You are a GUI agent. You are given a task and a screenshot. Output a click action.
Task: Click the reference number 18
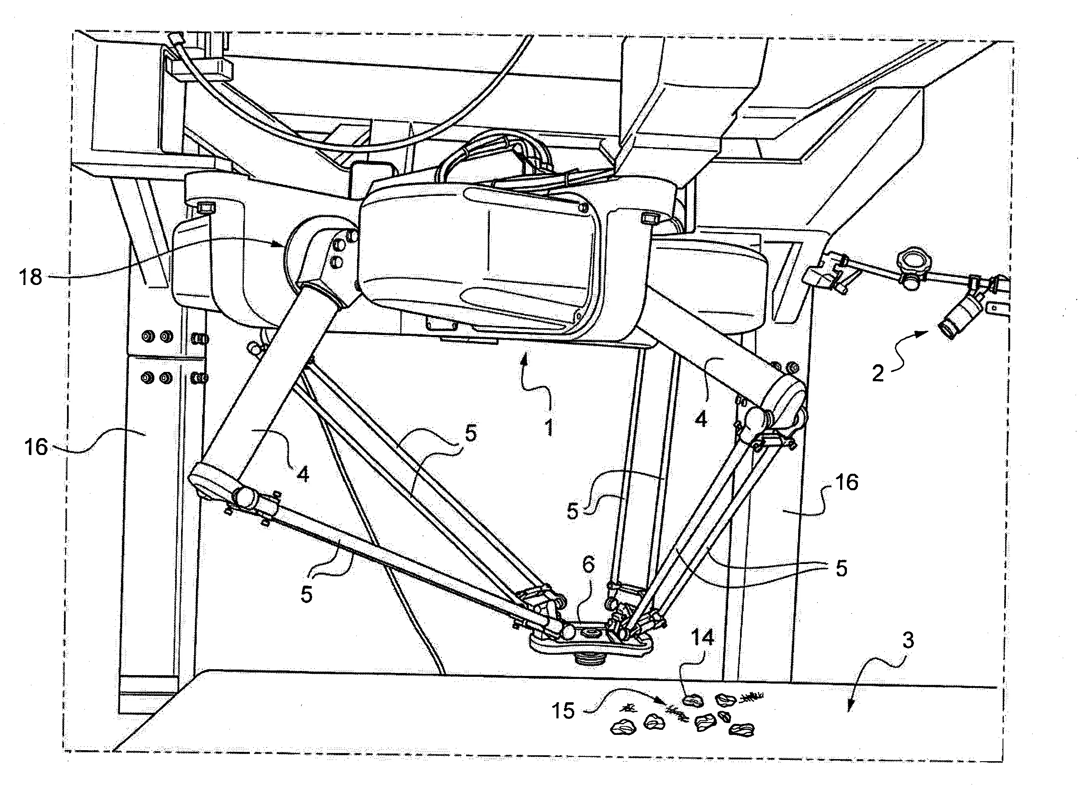coord(30,277)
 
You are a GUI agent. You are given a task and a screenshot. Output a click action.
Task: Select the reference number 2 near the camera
coord(878,373)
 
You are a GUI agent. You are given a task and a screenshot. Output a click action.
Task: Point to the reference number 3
coord(908,641)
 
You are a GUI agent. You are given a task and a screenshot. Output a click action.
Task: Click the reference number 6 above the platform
coord(588,565)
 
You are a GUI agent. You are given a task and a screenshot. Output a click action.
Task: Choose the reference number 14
coord(702,637)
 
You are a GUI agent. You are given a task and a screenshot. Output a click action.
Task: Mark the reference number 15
coord(563,711)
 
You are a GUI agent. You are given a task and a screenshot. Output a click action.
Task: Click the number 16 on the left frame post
coord(36,447)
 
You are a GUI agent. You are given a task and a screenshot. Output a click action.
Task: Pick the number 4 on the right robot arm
coord(701,419)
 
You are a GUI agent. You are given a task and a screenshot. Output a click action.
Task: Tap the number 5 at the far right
coord(841,568)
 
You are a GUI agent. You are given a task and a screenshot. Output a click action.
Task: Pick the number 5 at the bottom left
coord(306,595)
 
